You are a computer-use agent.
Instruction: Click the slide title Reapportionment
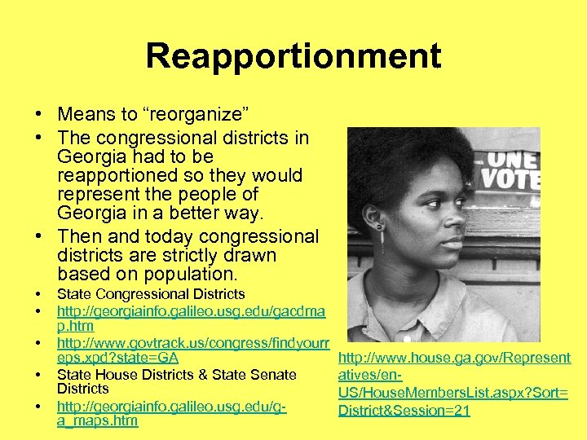coord(293,56)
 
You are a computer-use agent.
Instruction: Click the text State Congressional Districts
coord(151,294)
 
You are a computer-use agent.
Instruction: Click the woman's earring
coord(380,240)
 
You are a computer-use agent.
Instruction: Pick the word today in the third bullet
coord(162,236)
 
